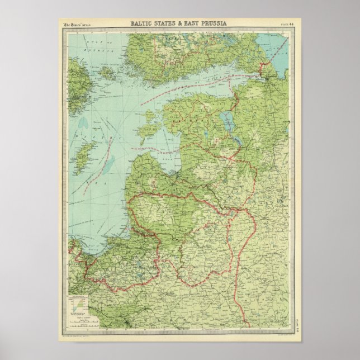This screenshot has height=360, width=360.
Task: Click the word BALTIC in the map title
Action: point(143,23)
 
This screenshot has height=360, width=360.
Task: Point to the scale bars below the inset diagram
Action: point(78,323)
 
